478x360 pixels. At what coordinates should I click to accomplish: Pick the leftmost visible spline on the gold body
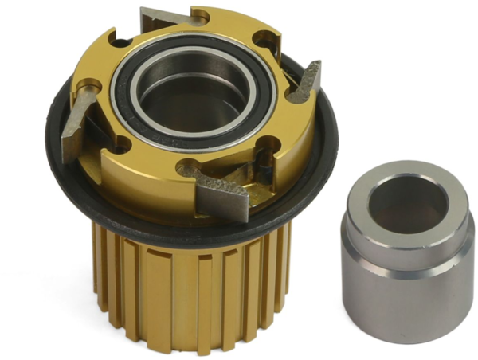point(100,263)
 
